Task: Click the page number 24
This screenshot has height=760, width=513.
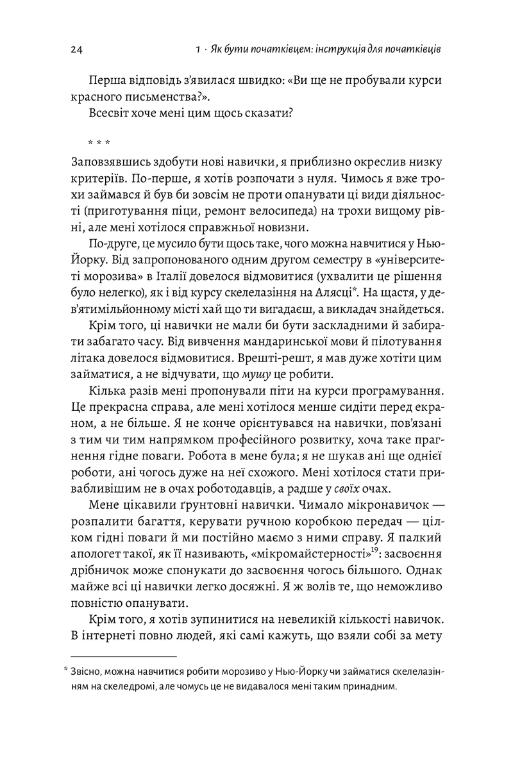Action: pos(76,49)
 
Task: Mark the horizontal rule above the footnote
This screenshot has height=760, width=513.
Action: pos(122,657)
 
